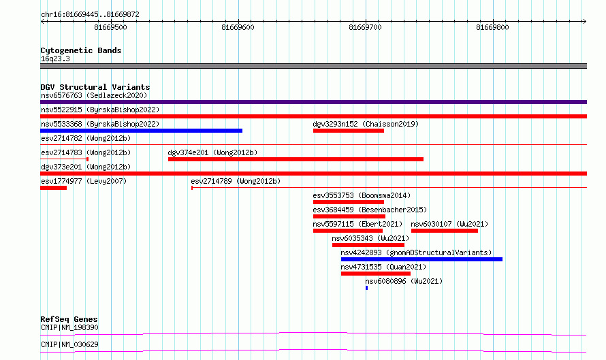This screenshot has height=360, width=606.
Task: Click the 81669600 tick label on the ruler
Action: pyautogui.click(x=238, y=27)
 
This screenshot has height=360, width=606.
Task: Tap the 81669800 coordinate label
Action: pyautogui.click(x=492, y=27)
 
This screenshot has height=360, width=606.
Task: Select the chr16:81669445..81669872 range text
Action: pyautogui.click(x=90, y=15)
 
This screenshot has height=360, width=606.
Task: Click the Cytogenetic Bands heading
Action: pyautogui.click(x=81, y=50)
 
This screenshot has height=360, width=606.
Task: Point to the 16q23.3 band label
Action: pyautogui.click(x=55, y=59)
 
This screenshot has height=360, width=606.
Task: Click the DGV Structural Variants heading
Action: pyautogui.click(x=95, y=87)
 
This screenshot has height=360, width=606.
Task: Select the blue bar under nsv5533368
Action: pyautogui.click(x=141, y=131)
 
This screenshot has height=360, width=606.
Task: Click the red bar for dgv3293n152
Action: pyautogui.click(x=348, y=131)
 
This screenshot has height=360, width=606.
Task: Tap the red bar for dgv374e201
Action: pyautogui.click(x=296, y=159)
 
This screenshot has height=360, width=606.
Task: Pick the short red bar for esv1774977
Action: pyautogui.click(x=53, y=188)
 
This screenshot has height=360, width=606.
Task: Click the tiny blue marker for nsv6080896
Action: pyautogui.click(x=366, y=288)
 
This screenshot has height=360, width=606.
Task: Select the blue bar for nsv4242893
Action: pyautogui.click(x=421, y=259)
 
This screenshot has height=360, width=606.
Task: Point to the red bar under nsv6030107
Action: pyautogui.click(x=445, y=231)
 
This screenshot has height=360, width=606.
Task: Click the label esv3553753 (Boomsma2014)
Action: pyautogui.click(x=362, y=195)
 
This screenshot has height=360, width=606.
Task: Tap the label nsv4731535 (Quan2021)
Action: pyautogui.click(x=383, y=267)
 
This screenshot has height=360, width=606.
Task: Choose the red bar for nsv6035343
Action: pyautogui.click(x=368, y=245)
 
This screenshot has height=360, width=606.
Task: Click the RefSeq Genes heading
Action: pyautogui.click(x=69, y=319)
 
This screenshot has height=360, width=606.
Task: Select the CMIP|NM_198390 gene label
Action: pyautogui.click(x=69, y=327)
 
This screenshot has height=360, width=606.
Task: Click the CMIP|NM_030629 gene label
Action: pyautogui.click(x=69, y=344)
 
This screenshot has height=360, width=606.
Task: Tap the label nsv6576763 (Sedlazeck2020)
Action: pyautogui.click(x=94, y=95)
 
